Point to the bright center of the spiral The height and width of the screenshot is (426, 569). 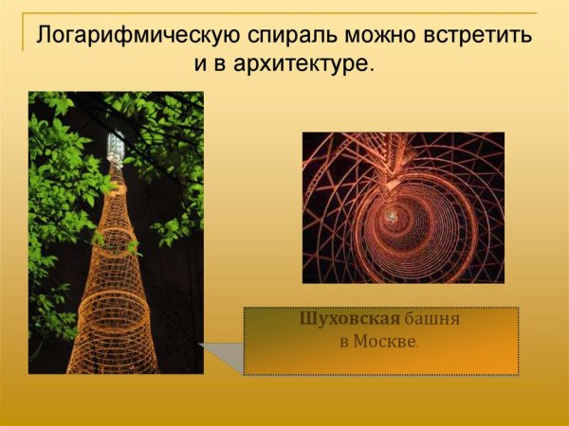point(391,217)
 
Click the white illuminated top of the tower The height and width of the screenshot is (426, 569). point(116,147)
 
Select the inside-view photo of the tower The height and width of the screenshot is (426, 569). point(403,207)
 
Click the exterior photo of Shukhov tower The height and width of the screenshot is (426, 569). point(116,232)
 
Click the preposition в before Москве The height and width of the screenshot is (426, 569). point(346,342)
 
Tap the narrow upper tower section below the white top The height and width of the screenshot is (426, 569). point(115,189)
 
